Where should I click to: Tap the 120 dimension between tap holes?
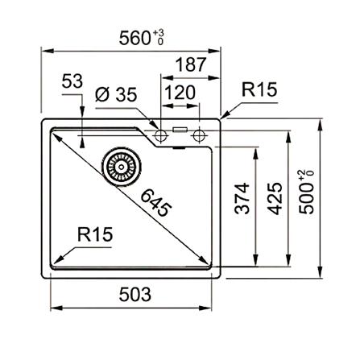(x=179, y=93)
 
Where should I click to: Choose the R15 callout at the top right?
(x=259, y=90)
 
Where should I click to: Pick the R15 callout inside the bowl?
(x=95, y=234)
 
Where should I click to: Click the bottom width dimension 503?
(x=134, y=294)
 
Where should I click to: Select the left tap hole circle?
(x=161, y=131)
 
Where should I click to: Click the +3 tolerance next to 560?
(x=159, y=32)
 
